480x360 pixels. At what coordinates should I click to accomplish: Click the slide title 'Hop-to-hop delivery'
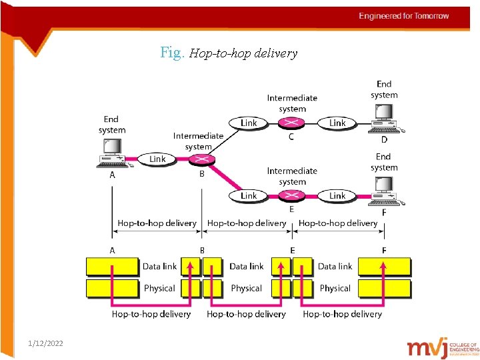(x=229, y=53)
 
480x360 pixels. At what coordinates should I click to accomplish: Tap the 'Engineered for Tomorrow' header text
(x=404, y=16)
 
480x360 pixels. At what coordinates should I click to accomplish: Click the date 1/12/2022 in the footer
(x=46, y=343)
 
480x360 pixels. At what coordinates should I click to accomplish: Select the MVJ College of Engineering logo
(x=443, y=347)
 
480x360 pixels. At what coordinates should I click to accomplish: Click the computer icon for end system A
(x=112, y=152)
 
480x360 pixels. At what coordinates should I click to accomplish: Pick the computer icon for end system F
(x=385, y=191)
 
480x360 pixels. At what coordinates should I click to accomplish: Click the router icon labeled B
(x=199, y=160)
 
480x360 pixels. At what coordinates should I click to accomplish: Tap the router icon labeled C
(x=291, y=123)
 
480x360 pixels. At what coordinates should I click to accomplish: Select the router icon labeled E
(x=291, y=196)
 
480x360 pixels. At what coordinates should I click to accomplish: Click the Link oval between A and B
(x=157, y=159)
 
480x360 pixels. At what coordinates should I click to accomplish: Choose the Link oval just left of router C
(x=248, y=123)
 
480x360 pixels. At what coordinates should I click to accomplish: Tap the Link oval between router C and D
(x=337, y=123)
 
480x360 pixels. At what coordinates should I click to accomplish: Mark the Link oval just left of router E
(x=248, y=195)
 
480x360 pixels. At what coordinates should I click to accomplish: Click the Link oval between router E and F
(x=337, y=195)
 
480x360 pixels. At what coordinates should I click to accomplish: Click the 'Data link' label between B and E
(x=247, y=266)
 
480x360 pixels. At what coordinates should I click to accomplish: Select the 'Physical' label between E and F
(x=335, y=288)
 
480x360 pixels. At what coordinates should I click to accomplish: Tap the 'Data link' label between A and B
(x=159, y=266)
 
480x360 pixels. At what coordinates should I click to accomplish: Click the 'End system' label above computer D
(x=384, y=89)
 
